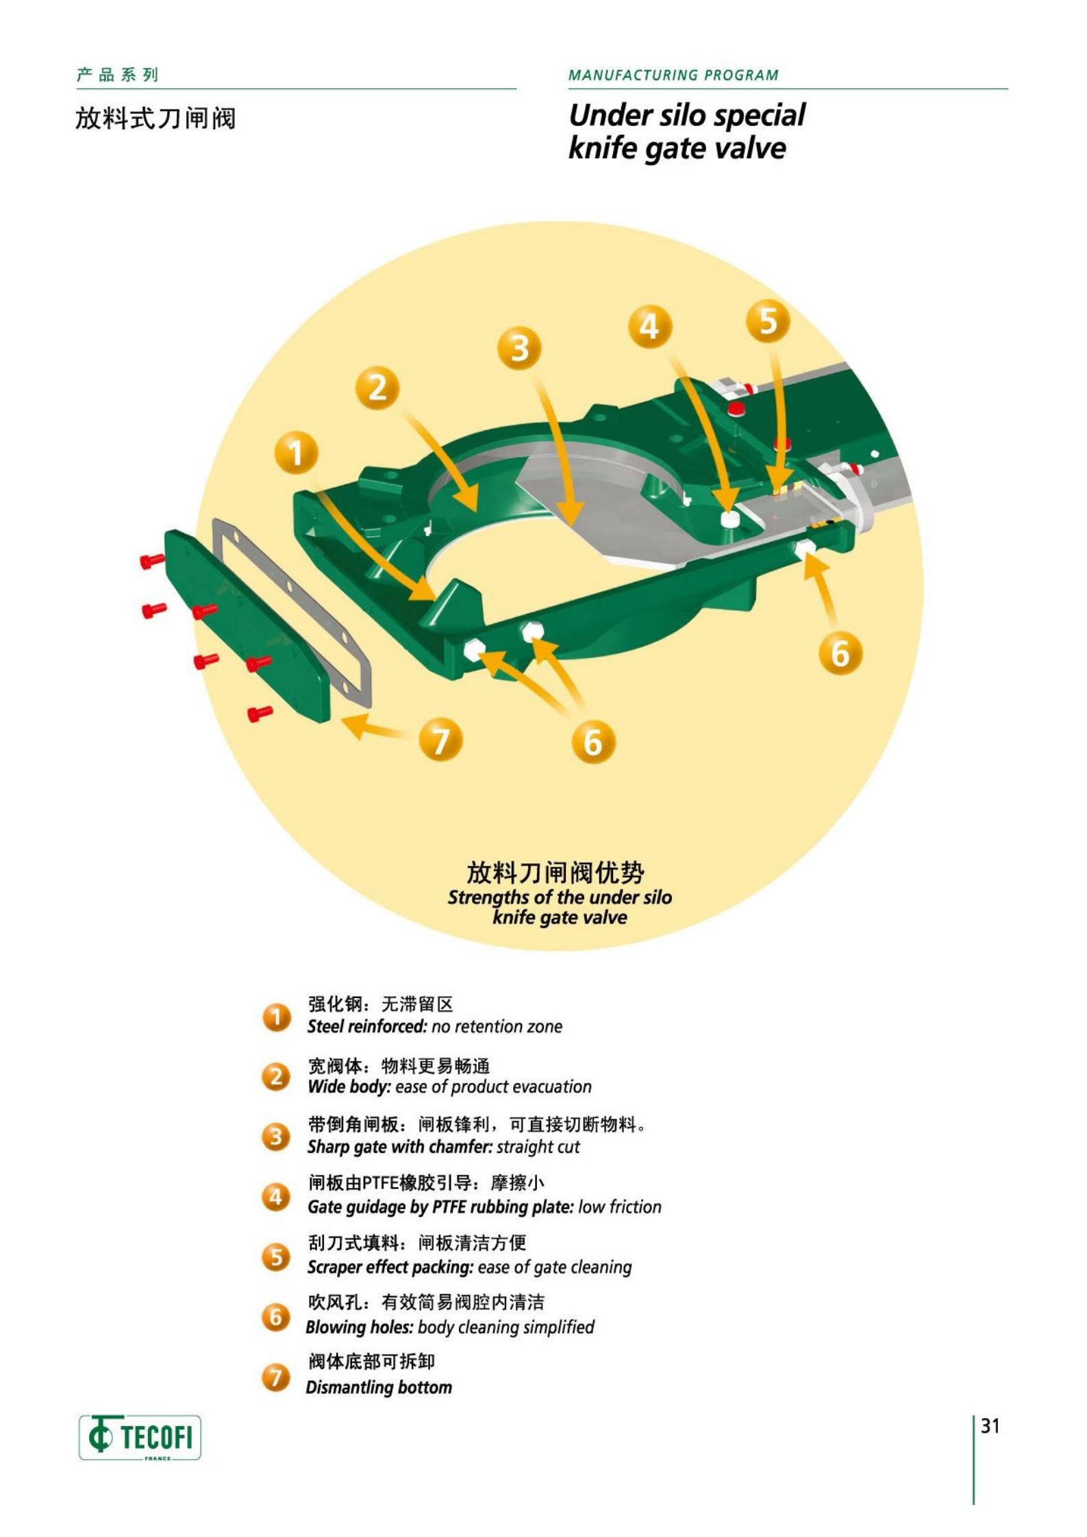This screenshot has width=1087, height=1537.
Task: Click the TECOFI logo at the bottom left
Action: tap(140, 1436)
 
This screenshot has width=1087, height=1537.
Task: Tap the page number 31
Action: tap(990, 1426)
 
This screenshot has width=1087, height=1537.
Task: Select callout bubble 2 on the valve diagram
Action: tap(377, 388)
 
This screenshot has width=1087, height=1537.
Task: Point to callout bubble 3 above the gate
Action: tap(520, 348)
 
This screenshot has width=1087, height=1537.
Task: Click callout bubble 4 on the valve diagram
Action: tap(649, 326)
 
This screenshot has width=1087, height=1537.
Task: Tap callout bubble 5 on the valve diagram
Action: tap(768, 321)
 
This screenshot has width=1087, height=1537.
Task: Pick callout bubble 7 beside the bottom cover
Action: tap(440, 740)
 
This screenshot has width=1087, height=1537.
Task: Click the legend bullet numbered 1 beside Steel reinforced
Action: tap(276, 1017)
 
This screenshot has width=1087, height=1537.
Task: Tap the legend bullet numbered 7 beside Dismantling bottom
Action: tap(276, 1377)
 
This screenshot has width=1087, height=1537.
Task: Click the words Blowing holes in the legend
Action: tap(359, 1327)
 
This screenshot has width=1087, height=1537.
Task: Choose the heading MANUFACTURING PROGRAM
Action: tap(673, 75)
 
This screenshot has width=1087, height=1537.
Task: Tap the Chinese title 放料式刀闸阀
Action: tap(155, 118)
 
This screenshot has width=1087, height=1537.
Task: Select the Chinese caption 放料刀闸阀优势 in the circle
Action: tap(555, 873)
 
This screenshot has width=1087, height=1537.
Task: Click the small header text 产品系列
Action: tap(117, 75)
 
